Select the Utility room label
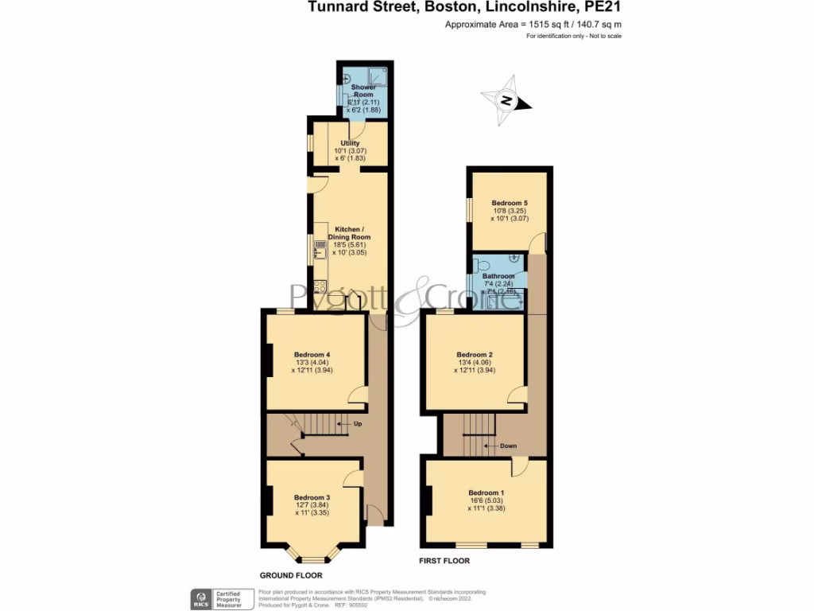[x=350, y=143]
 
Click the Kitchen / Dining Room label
[x=351, y=232]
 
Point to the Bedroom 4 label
[x=312, y=355]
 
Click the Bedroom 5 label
[x=509, y=203]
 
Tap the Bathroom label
[x=498, y=276]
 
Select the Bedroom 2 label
[x=475, y=355]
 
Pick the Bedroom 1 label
[x=486, y=492]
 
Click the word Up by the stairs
[x=358, y=424]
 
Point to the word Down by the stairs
[x=509, y=446]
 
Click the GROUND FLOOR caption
[x=290, y=574]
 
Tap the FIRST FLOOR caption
[x=444, y=561]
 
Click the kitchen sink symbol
[x=320, y=249]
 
